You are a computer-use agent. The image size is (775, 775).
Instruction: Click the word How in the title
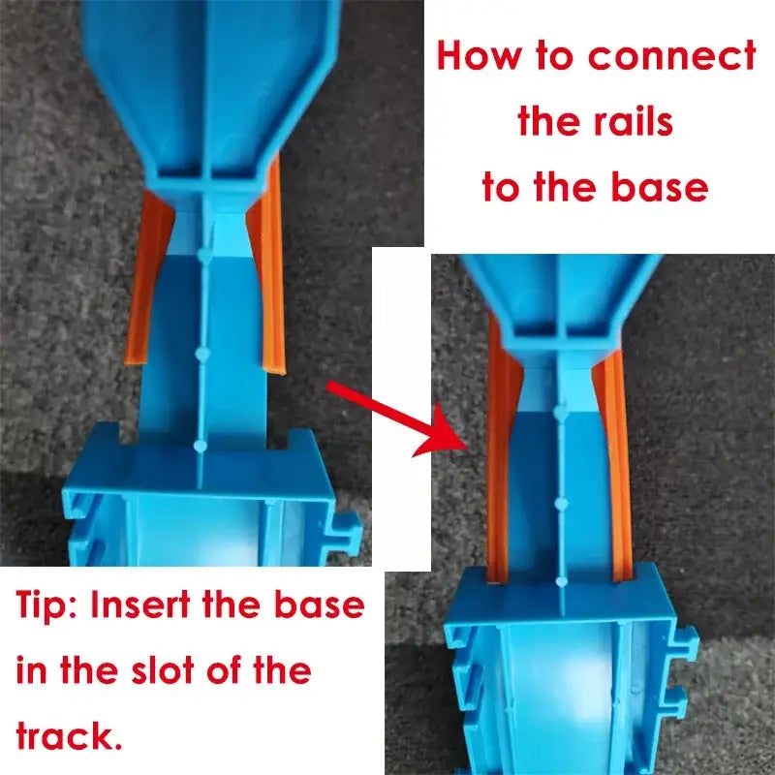[x=478, y=56]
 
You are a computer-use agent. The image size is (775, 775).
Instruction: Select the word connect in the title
[x=672, y=56]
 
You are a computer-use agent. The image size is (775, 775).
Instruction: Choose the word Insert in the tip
[x=145, y=607]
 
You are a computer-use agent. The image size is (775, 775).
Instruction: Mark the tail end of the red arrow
[x=330, y=387]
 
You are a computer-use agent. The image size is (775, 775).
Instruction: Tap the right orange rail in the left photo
[x=272, y=271]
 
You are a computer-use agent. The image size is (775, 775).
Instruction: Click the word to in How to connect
[x=554, y=56]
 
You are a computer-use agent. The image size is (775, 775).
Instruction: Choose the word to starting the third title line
[x=501, y=187]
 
